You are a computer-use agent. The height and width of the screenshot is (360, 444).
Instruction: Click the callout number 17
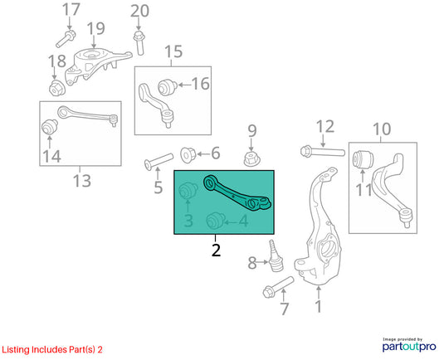71,10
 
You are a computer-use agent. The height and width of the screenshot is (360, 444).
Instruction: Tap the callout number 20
139,11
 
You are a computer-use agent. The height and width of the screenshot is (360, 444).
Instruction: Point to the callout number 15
173,53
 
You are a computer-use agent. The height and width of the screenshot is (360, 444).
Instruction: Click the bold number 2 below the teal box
215,249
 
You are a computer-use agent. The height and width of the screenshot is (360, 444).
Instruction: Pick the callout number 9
252,130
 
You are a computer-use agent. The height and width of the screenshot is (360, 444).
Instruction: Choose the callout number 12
324,126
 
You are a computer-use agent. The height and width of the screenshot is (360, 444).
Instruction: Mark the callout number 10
382,129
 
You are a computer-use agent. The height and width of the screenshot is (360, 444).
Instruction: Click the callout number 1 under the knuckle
317,308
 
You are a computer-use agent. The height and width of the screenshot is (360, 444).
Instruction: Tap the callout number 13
81,181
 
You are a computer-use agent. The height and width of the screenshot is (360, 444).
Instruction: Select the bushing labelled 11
362,159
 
